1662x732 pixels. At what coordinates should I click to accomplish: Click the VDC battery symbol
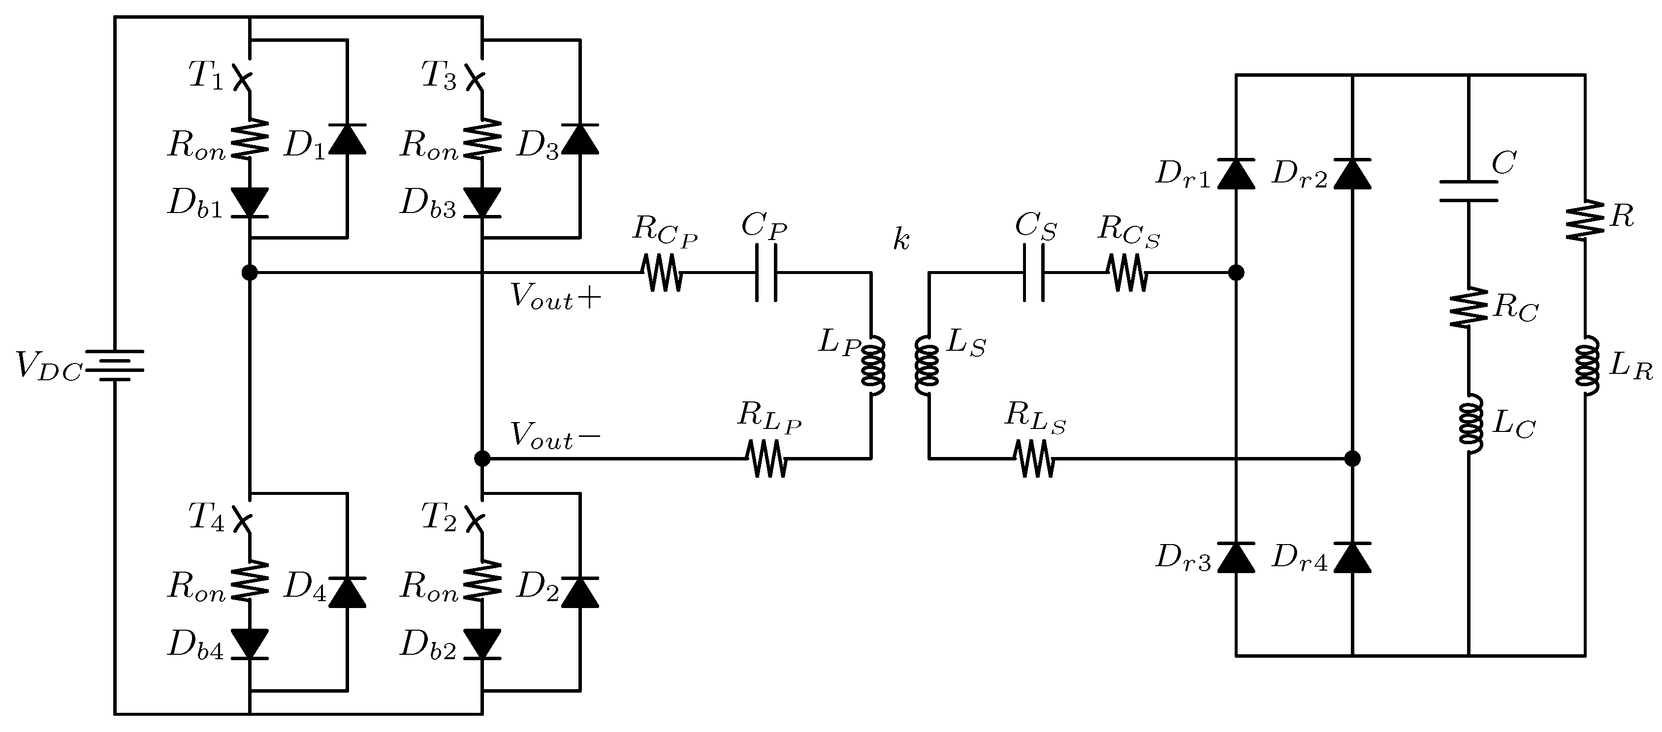click(x=114, y=366)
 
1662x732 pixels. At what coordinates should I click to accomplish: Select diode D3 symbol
click(x=579, y=139)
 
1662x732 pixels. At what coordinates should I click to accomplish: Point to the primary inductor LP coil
click(x=873, y=366)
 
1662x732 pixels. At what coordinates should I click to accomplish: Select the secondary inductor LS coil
click(x=927, y=366)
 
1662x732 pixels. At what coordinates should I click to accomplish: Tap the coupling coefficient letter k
click(x=901, y=240)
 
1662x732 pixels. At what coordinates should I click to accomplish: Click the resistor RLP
click(x=766, y=458)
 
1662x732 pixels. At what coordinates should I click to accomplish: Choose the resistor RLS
click(x=1034, y=458)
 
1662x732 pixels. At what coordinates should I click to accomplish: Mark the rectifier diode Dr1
click(x=1236, y=174)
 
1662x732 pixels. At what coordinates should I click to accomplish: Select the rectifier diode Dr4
click(x=1352, y=558)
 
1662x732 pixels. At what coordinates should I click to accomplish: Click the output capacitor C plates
click(x=1469, y=191)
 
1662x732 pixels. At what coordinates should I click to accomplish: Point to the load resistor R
click(x=1585, y=219)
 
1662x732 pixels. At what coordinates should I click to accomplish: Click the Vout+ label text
click(x=555, y=297)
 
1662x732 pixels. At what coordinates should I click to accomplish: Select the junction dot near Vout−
click(x=482, y=458)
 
